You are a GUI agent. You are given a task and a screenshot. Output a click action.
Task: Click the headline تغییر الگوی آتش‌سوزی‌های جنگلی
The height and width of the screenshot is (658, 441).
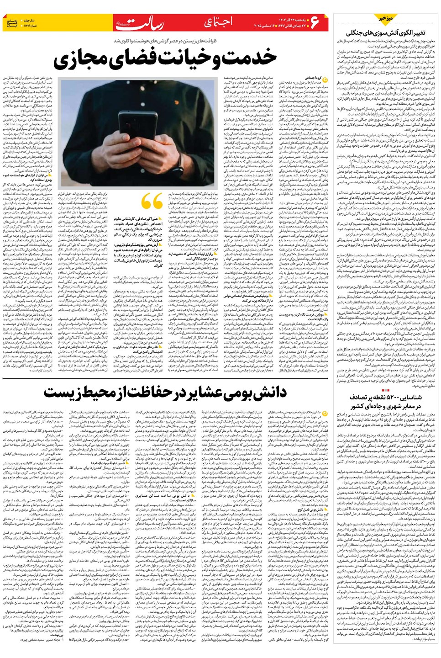point(386,33)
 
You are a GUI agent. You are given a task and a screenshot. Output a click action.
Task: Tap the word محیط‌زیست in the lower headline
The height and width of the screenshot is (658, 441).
point(73,392)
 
